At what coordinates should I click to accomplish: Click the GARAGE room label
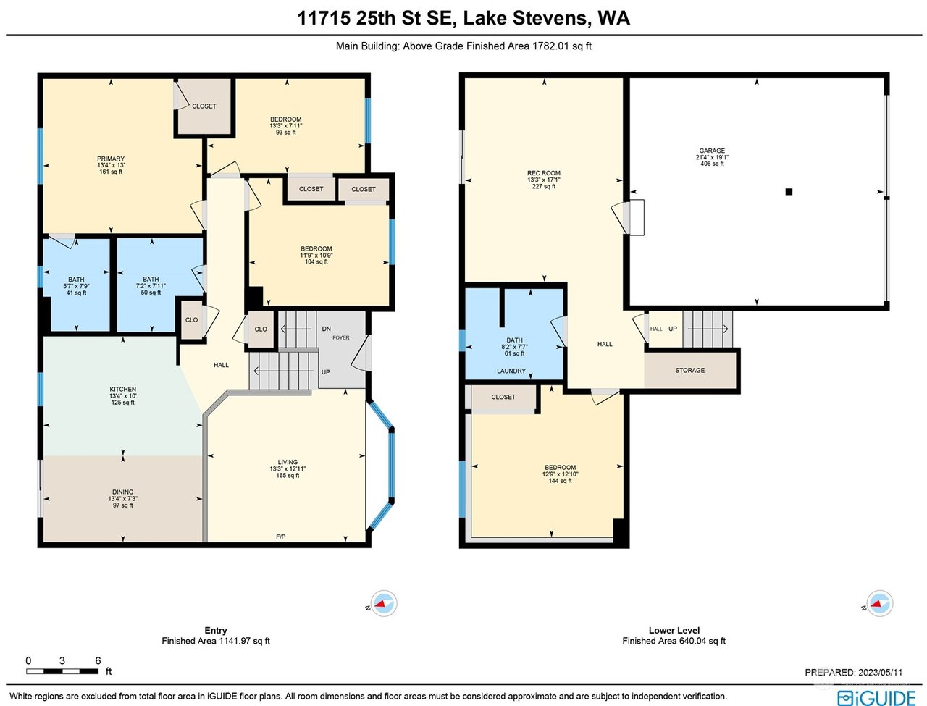[712, 151]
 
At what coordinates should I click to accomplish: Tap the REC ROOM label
[544, 173]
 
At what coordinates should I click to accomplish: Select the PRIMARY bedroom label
[111, 159]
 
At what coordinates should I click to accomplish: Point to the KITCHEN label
[123, 389]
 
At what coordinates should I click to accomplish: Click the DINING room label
[123, 492]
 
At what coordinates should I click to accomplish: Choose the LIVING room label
[288, 462]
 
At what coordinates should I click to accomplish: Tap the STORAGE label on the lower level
[689, 370]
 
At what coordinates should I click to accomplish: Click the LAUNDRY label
[511, 371]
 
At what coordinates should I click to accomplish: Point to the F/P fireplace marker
[281, 537]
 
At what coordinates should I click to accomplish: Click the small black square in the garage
[789, 192]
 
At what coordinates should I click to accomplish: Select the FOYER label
[341, 337]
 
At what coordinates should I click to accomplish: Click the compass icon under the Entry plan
[384, 603]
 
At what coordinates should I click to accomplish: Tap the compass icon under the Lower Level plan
[880, 603]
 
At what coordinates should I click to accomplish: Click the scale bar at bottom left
[62, 671]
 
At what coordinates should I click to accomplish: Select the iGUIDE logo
[876, 698]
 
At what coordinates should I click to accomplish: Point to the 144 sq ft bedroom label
[560, 474]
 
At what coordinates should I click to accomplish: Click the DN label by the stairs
[327, 329]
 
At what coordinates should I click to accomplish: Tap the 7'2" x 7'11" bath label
[151, 285]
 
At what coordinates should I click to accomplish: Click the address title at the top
[463, 18]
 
